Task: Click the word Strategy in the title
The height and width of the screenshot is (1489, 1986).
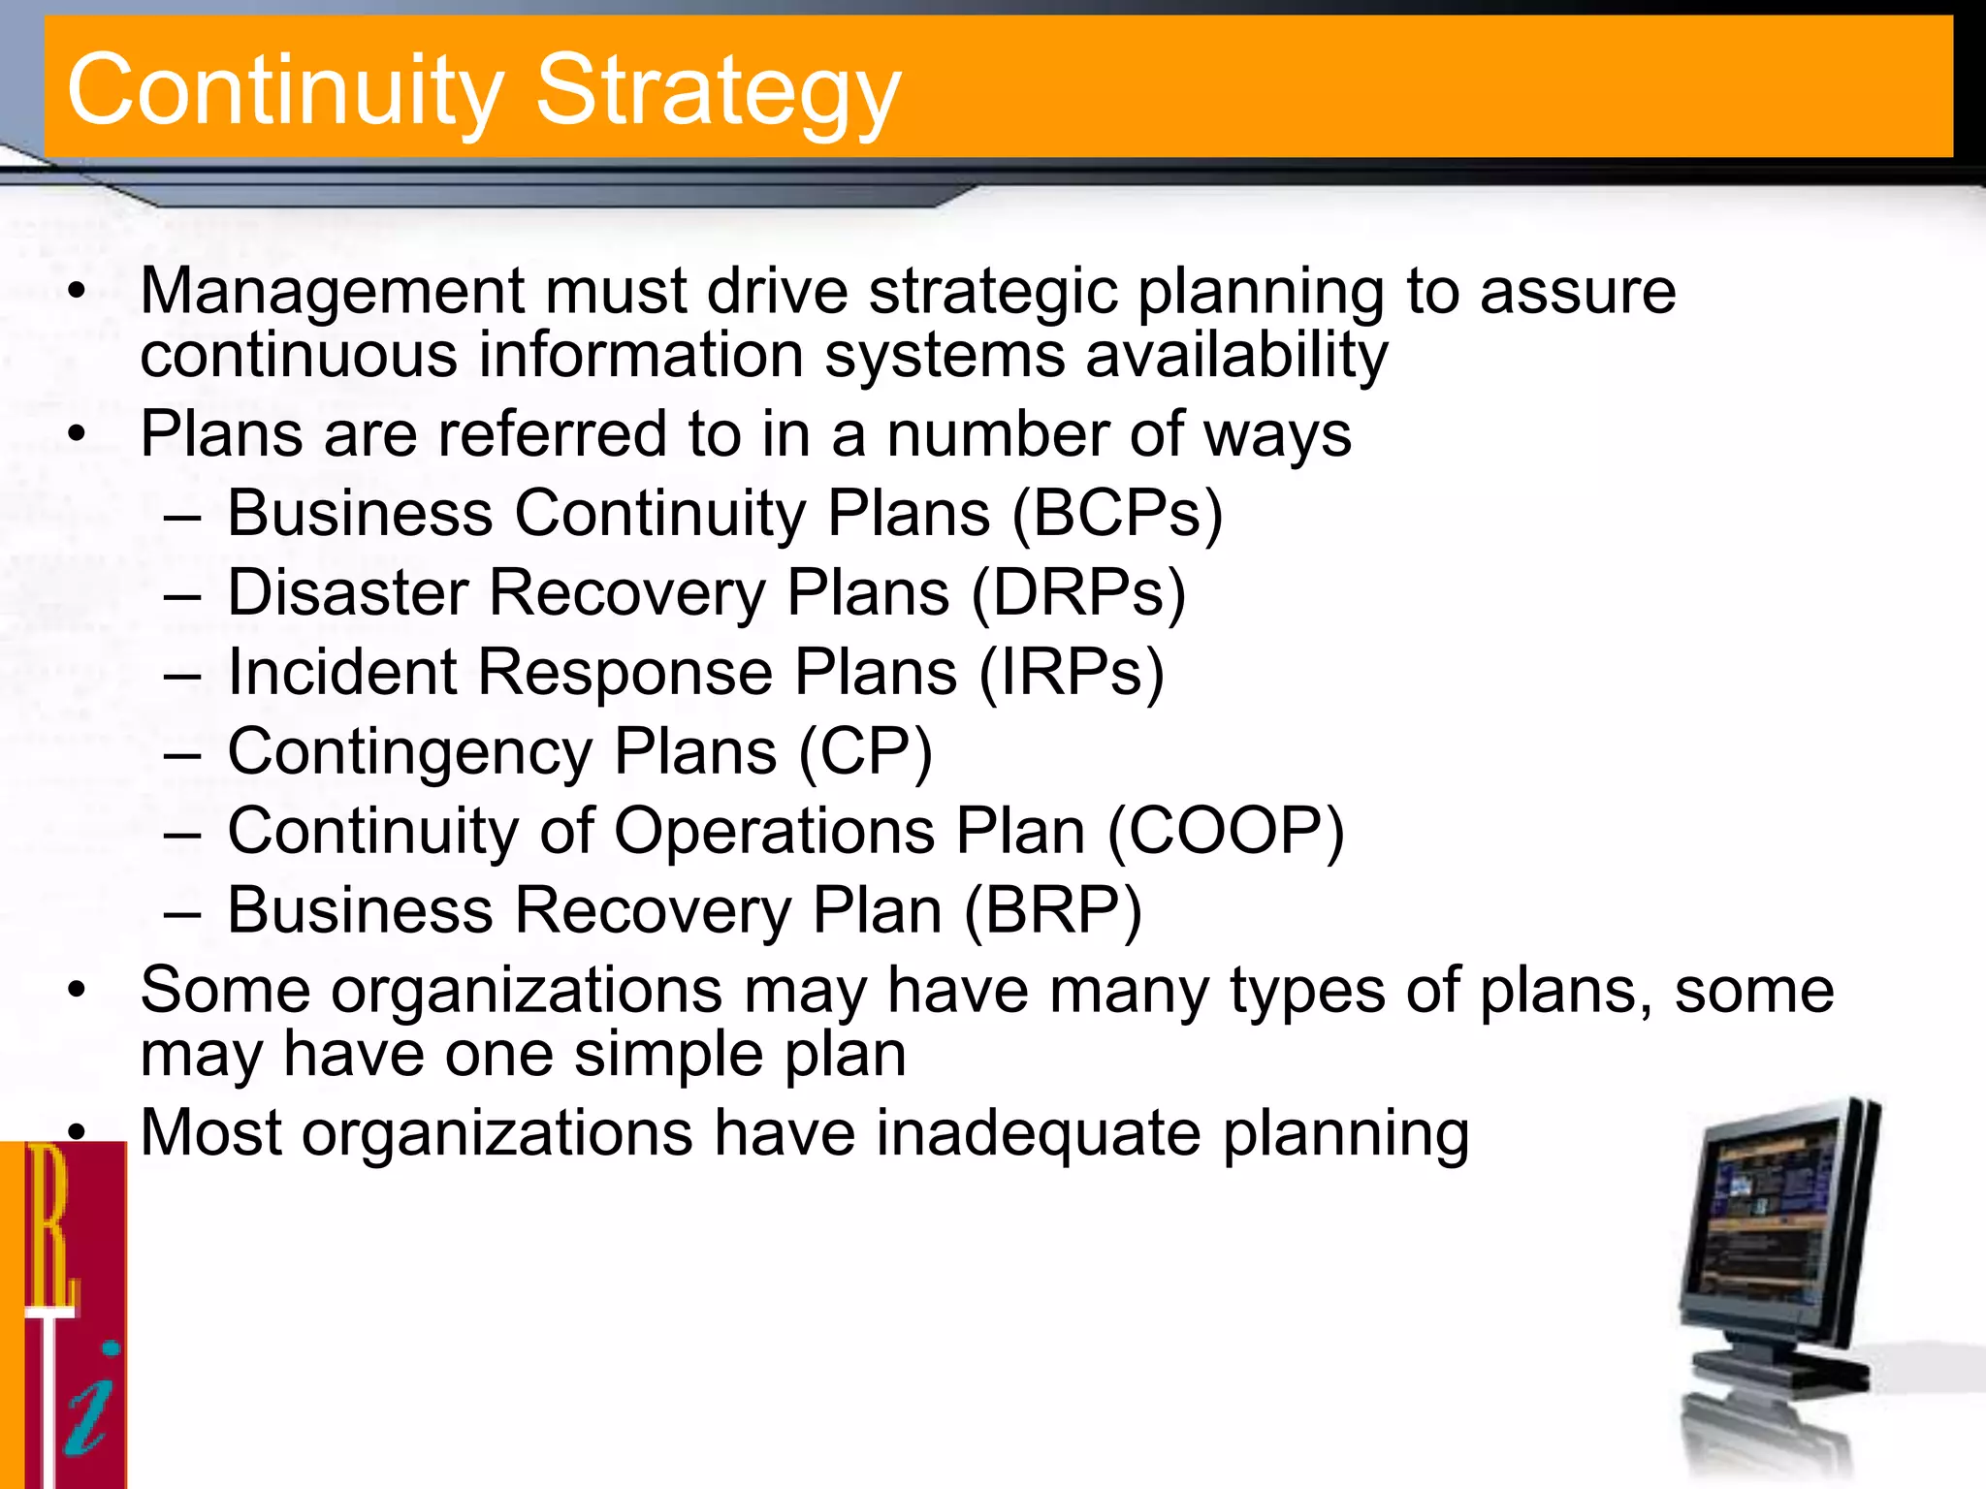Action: point(718,92)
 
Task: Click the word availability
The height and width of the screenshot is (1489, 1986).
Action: point(1236,355)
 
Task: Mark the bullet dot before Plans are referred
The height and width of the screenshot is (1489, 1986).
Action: point(78,434)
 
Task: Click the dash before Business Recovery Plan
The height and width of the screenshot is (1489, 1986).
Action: point(182,912)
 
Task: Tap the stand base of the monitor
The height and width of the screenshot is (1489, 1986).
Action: point(1779,1372)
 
